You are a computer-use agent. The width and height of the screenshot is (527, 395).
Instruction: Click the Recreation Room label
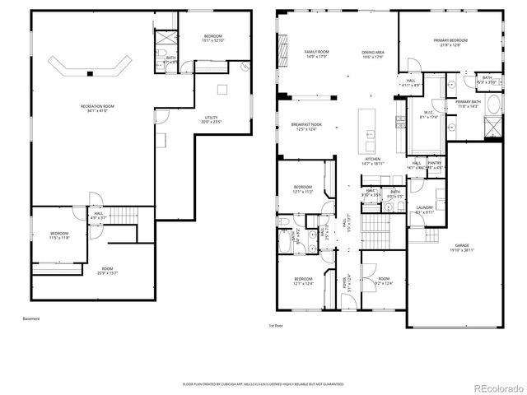click(97, 109)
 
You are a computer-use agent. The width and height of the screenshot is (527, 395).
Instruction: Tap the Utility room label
click(212, 120)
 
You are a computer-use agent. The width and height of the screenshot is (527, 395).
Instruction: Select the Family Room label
click(293, 53)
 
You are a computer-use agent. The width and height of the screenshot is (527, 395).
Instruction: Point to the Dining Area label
click(373, 54)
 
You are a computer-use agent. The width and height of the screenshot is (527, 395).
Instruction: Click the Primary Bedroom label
click(450, 42)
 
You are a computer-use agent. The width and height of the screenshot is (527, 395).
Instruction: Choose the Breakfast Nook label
click(305, 127)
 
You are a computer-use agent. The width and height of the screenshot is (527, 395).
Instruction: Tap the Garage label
click(461, 250)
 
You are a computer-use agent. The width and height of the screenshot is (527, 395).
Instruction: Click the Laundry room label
click(425, 210)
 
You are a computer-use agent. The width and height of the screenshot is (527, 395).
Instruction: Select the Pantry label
click(435, 165)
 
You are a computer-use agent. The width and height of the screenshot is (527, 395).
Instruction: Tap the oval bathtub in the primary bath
click(492, 105)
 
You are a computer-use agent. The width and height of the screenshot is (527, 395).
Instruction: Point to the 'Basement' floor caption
click(31, 318)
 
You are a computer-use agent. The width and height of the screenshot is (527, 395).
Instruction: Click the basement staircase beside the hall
click(126, 216)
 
